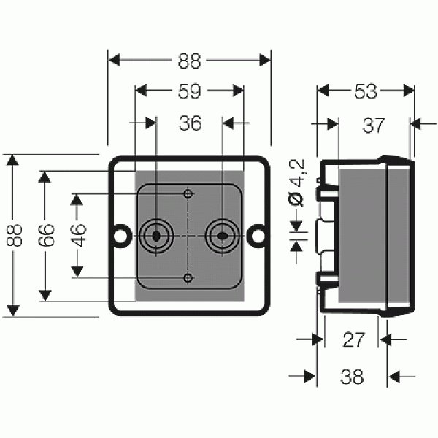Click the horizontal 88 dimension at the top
[189, 61]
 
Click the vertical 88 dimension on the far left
[14, 236]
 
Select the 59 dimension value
[189, 91]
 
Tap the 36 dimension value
[191, 123]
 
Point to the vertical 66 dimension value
[46, 236]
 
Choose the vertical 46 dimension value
[78, 236]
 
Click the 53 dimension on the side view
[366, 91]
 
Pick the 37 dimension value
[374, 125]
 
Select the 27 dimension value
[353, 339]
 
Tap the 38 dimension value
[352, 377]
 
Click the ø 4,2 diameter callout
[296, 182]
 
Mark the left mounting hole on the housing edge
[120, 236]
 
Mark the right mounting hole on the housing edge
[258, 236]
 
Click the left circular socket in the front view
[156, 236]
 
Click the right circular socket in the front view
[223, 236]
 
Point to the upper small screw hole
[188, 193]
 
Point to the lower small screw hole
[188, 278]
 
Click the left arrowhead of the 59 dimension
[141, 91]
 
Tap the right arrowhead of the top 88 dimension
[265, 61]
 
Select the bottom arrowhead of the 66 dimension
[45, 296]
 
